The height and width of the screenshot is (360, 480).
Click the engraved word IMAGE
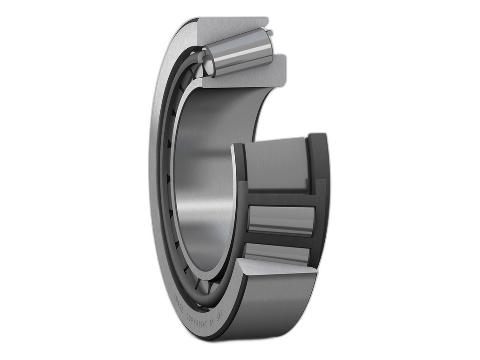178,303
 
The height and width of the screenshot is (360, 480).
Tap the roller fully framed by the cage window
282,219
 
